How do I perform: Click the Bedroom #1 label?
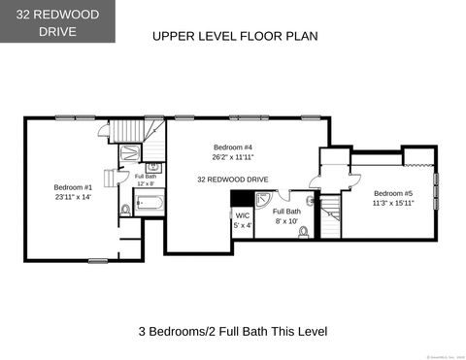tap(72, 187)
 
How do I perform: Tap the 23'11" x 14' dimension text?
tap(72, 197)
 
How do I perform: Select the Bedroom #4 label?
tap(232, 147)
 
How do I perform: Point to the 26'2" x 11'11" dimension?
tap(232, 157)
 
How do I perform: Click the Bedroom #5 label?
tap(392, 193)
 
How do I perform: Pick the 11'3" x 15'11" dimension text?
tap(392, 204)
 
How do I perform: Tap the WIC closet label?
tap(242, 215)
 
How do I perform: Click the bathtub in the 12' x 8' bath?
tap(150, 204)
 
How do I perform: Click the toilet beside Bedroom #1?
tap(125, 209)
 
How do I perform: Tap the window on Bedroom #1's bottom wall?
tap(98, 260)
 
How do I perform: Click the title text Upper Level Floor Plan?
tap(235, 36)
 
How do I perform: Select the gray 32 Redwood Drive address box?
tap(57, 22)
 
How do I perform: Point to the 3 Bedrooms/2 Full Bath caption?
tap(233, 331)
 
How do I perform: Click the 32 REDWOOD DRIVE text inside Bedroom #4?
tap(232, 180)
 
